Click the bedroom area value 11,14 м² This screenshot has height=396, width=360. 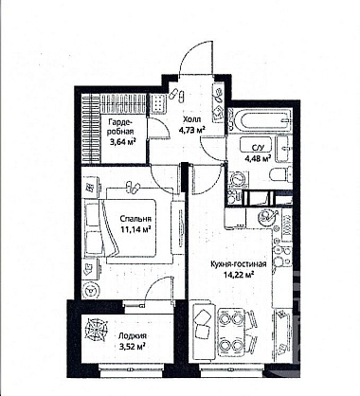click(x=135, y=228)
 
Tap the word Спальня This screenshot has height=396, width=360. click(x=135, y=219)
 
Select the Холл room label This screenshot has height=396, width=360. click(x=191, y=119)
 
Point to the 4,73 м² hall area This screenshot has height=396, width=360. click(x=192, y=130)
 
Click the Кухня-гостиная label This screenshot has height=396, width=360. click(x=239, y=264)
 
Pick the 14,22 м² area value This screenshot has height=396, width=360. click(x=240, y=275)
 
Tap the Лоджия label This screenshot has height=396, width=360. click(x=133, y=336)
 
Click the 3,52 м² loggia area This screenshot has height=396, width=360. click(x=132, y=347)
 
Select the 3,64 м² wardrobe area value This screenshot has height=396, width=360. click(x=122, y=142)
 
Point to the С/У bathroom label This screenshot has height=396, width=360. click(x=257, y=148)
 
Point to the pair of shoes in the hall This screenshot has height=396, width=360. click(x=177, y=95)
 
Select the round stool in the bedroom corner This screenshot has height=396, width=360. click(x=91, y=290)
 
